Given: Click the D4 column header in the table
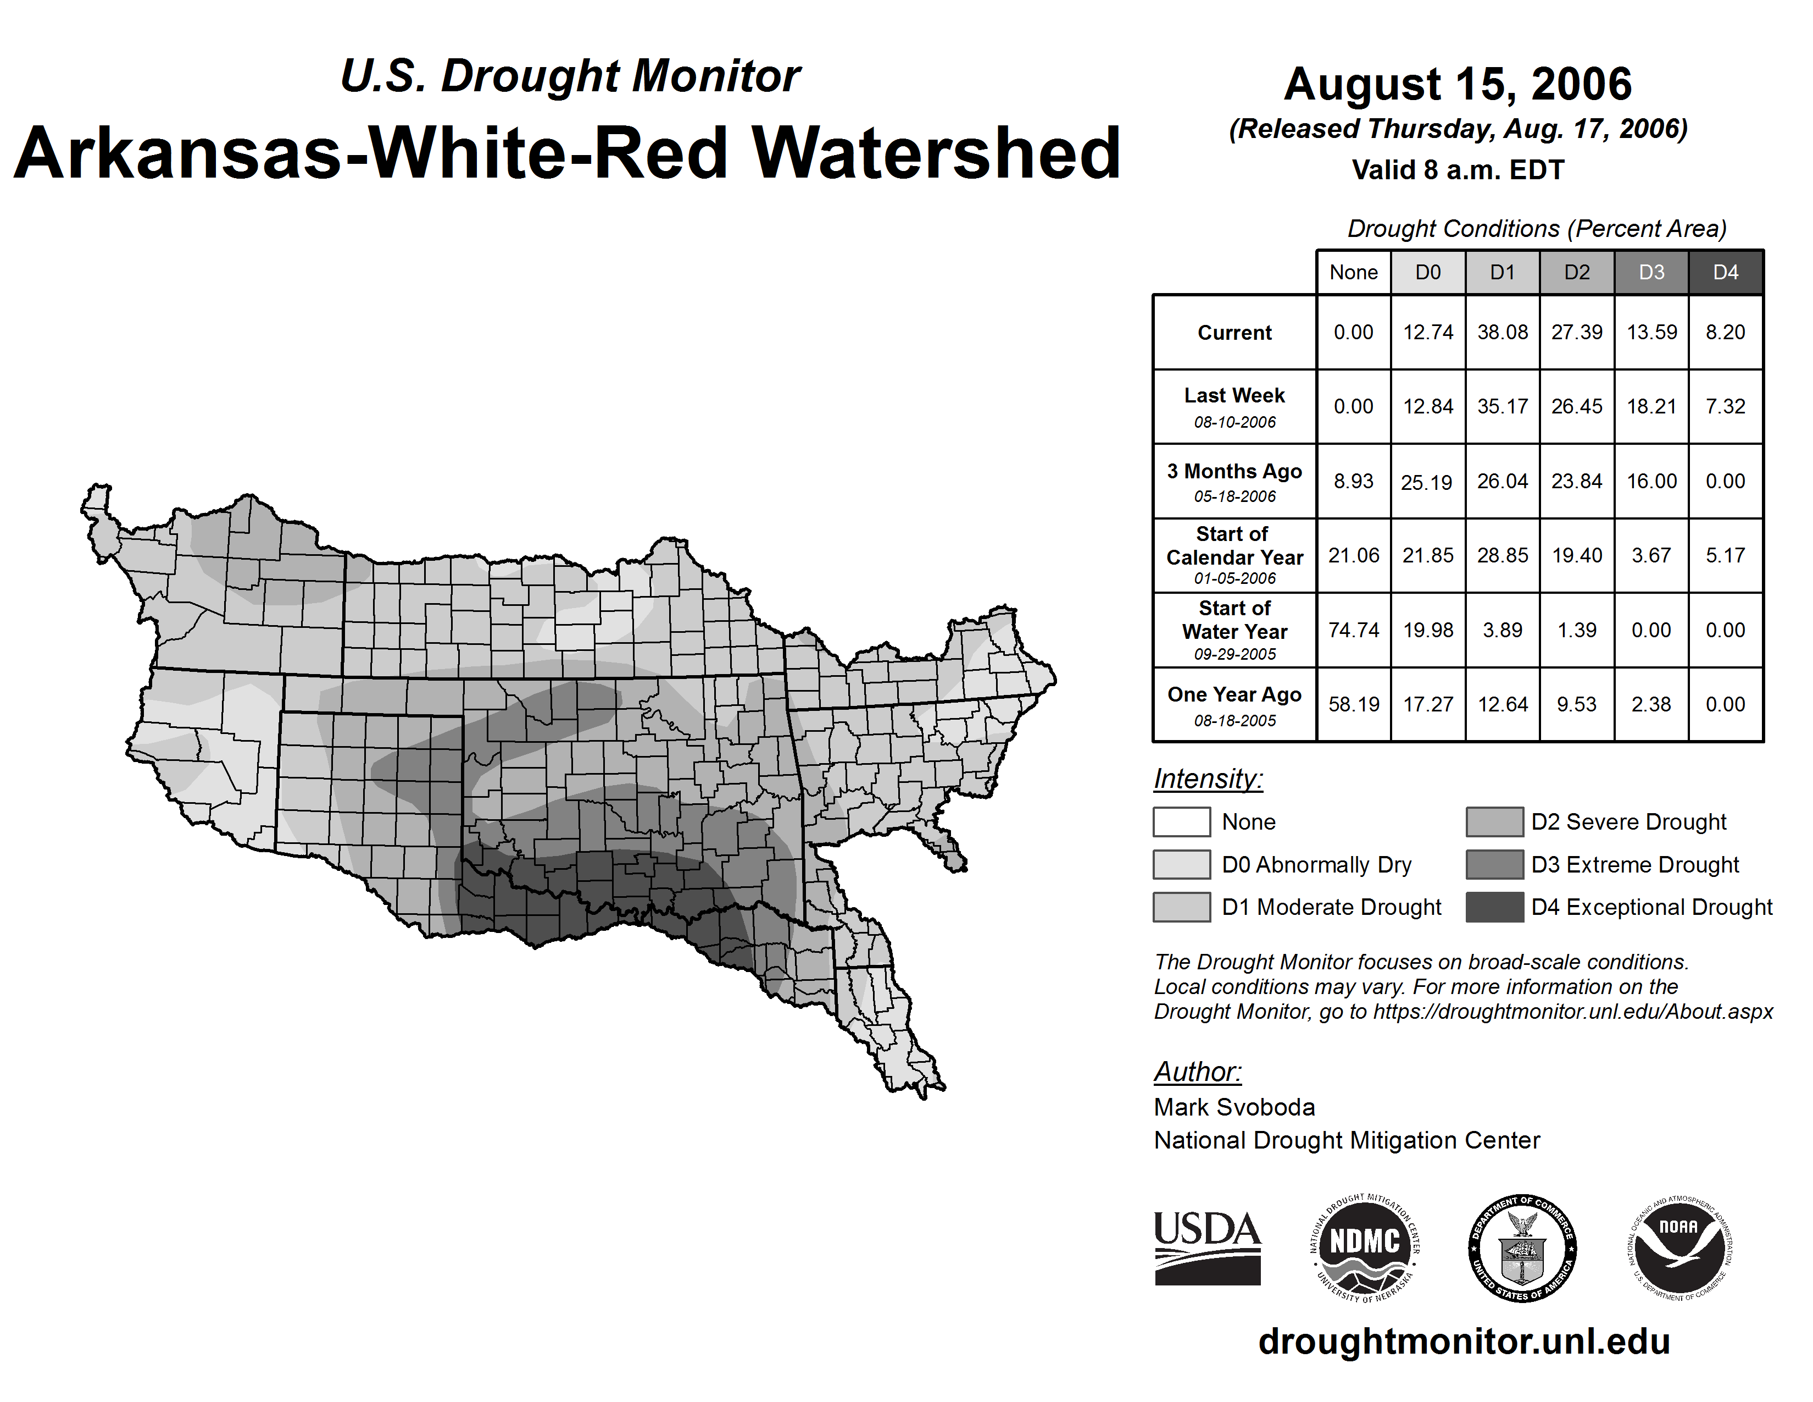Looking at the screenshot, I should pyautogui.click(x=1725, y=272).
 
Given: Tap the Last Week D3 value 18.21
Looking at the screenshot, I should pyautogui.click(x=1651, y=406).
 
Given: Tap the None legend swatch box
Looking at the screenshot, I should pyautogui.click(x=1181, y=821).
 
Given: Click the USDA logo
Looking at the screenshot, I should pyautogui.click(x=1207, y=1249).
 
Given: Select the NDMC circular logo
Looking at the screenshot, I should pyautogui.click(x=1365, y=1249).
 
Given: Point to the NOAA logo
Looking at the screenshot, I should pyautogui.click(x=1678, y=1249).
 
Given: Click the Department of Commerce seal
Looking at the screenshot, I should pyautogui.click(x=1522, y=1249).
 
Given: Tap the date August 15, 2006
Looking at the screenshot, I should pyautogui.click(x=1458, y=84).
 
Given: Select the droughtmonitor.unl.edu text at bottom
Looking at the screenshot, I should pyautogui.click(x=1464, y=1342).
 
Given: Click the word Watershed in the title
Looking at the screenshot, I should pyautogui.click(x=936, y=153).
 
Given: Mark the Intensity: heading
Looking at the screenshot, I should pyautogui.click(x=1208, y=779).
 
